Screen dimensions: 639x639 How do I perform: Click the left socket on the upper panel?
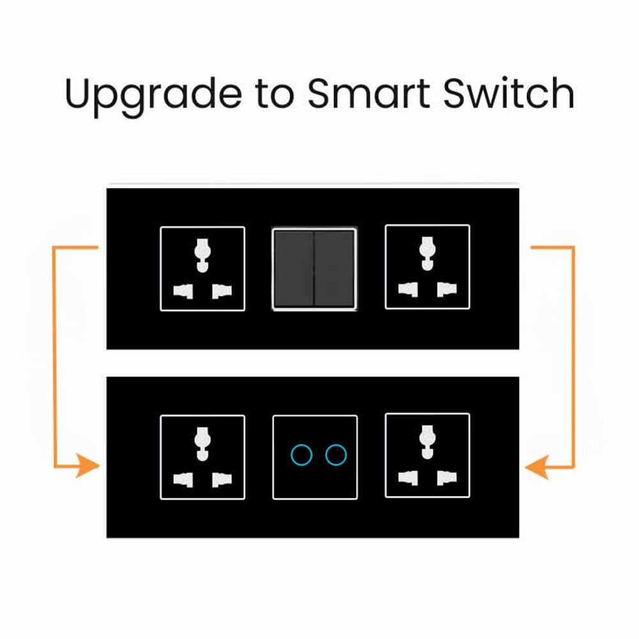tap(203, 269)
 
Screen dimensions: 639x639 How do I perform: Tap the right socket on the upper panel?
tap(427, 268)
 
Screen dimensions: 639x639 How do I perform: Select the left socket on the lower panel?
tap(203, 457)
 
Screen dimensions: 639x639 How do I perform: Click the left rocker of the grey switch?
tap(294, 268)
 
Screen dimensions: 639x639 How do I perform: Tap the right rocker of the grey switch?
tap(335, 268)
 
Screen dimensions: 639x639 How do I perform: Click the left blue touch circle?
tap(302, 455)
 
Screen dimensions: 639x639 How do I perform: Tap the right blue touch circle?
tap(336, 455)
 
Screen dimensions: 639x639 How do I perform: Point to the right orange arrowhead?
tap(535, 467)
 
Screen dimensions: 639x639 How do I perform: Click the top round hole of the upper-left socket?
tap(203, 249)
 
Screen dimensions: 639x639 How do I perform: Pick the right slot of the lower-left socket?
tap(221, 479)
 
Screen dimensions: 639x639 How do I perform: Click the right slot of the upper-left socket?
tap(221, 291)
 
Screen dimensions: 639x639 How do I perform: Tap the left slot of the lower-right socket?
tap(408, 477)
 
